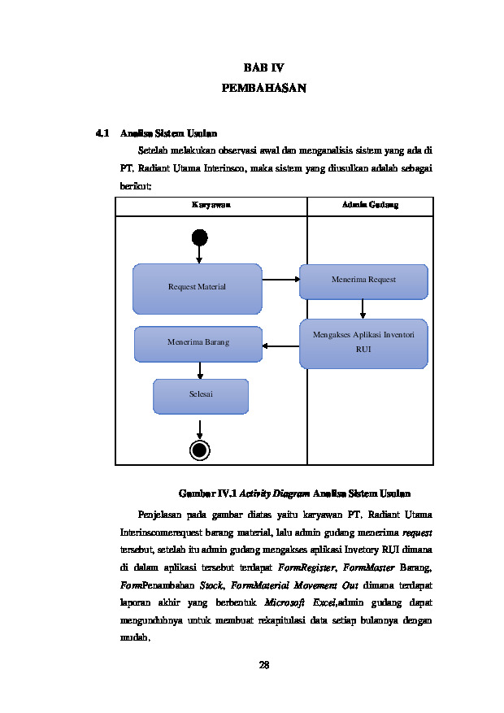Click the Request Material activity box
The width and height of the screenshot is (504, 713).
point(198,289)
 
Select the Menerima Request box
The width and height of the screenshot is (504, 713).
point(363,281)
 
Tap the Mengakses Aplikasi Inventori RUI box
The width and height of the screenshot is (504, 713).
point(363,344)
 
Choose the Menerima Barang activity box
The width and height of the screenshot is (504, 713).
point(198,344)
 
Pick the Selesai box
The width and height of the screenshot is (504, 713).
point(201,397)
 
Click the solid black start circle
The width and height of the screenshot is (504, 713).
point(199,238)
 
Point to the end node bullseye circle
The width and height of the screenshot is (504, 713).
point(199,450)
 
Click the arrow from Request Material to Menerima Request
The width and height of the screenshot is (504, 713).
point(281,279)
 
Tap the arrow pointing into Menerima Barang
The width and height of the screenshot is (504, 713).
point(280,346)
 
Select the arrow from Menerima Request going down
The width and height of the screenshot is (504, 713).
point(363,309)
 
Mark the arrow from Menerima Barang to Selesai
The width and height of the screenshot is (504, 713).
point(200,371)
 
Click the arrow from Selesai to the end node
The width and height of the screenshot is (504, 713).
point(199,430)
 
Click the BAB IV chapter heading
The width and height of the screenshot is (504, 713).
point(263,67)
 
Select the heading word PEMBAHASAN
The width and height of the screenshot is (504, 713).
point(263,88)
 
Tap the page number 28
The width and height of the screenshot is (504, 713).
point(263,665)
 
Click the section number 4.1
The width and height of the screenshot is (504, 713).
point(102,133)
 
